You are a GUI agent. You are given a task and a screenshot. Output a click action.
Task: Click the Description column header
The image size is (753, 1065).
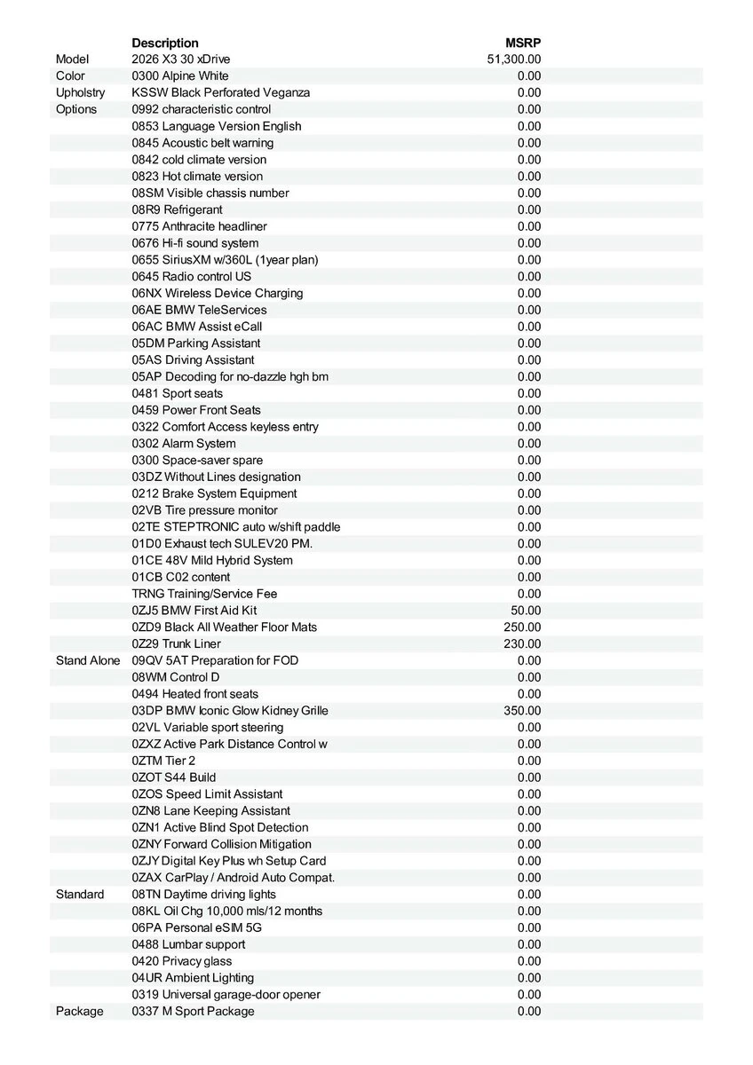tap(165, 43)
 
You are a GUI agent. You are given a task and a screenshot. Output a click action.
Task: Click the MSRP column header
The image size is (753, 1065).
tap(523, 43)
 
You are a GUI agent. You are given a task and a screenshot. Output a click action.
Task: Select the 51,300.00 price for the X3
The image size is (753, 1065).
tap(514, 59)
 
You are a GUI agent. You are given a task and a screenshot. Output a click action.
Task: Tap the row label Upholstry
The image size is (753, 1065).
tap(80, 92)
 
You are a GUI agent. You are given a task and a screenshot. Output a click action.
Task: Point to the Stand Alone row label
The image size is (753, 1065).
tap(88, 660)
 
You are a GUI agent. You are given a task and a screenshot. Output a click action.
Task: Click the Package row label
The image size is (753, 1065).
tap(79, 1011)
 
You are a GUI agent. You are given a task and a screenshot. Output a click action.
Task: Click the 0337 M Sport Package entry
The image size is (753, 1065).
tap(193, 1011)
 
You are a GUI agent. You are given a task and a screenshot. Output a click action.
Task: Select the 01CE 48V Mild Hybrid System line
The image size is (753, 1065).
tap(212, 560)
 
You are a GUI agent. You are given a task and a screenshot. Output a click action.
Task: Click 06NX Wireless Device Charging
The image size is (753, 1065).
tap(218, 293)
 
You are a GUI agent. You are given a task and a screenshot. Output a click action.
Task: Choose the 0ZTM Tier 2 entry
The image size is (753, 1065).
tap(163, 761)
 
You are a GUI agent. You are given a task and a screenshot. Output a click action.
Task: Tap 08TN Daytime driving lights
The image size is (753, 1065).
tap(203, 895)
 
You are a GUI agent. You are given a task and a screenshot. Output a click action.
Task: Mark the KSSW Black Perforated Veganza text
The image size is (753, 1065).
tap(221, 92)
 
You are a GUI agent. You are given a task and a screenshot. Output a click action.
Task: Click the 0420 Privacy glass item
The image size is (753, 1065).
tap(182, 961)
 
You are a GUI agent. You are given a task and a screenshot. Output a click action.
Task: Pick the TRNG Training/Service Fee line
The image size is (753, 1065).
tap(205, 594)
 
